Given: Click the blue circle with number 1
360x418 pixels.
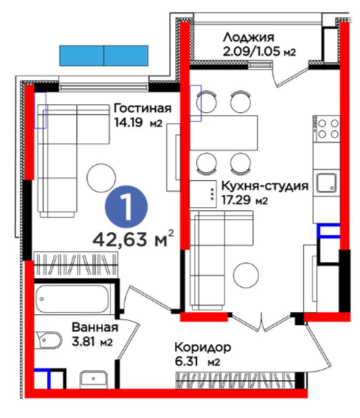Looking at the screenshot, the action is (127, 207).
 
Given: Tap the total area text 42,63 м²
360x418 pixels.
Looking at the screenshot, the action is (133, 239).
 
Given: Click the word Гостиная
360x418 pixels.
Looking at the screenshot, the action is (143, 108).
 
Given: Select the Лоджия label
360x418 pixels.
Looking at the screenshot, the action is (249, 37).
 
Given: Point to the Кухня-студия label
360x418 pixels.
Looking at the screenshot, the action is (265, 186).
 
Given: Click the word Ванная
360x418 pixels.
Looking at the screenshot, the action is (95, 327).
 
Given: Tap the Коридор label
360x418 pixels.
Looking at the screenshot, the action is (203, 348).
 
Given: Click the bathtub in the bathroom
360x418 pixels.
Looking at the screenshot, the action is (72, 299).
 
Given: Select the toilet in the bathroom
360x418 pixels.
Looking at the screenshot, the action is (48, 340).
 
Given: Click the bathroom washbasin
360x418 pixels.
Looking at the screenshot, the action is (94, 379).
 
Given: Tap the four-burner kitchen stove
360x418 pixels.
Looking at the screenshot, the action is (327, 128).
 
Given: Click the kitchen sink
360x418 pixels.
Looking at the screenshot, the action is (326, 183).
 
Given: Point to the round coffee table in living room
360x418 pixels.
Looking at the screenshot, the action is (101, 178).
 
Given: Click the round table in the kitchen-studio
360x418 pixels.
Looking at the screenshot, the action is (246, 276).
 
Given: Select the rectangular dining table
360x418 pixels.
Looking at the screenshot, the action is (224, 133).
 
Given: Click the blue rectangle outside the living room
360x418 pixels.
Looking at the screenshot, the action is (104, 56).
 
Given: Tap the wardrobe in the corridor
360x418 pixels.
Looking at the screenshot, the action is (236, 380).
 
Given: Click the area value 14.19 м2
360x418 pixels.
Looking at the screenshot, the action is (138, 123).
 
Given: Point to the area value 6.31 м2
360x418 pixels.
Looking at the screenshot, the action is (197, 362).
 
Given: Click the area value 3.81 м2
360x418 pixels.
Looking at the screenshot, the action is (92, 341).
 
